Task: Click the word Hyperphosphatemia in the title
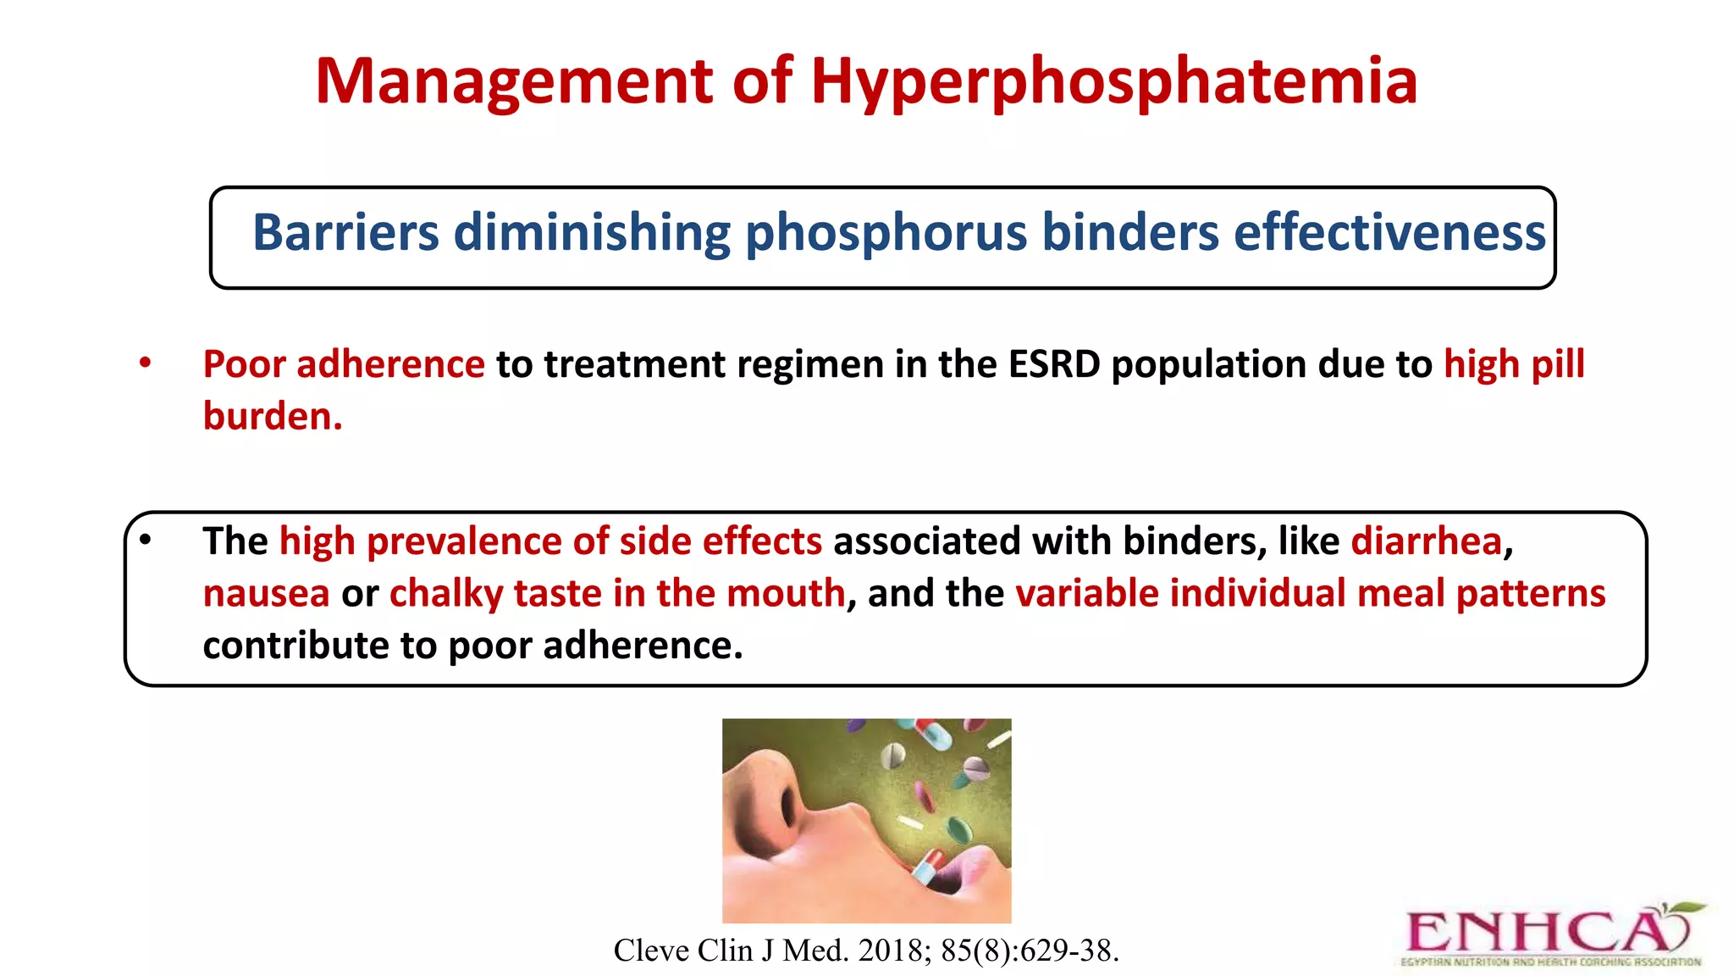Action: coord(1113,82)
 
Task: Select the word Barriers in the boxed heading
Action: coord(345,233)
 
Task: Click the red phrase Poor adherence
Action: coord(344,364)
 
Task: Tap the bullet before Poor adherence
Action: coord(146,363)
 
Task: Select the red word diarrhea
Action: coord(1426,541)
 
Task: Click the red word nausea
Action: coord(266,594)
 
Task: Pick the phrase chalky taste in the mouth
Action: coord(617,594)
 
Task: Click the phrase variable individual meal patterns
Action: coord(1310,594)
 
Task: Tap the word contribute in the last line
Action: coord(295,646)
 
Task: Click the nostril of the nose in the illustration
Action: coord(790,809)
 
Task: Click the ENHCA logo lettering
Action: coord(1532,933)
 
